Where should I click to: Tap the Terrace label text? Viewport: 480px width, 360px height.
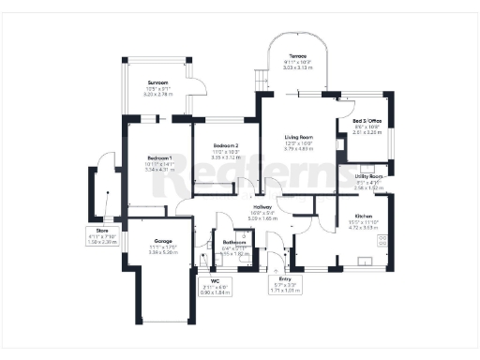(298, 55)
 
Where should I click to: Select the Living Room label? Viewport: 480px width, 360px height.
(299, 137)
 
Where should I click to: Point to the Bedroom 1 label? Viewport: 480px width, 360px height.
(143, 157)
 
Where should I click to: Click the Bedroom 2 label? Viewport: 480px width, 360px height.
(226, 146)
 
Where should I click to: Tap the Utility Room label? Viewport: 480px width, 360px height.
(370, 176)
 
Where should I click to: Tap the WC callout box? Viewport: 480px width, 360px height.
(214, 286)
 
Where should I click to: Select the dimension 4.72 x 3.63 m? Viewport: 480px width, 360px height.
(362, 226)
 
